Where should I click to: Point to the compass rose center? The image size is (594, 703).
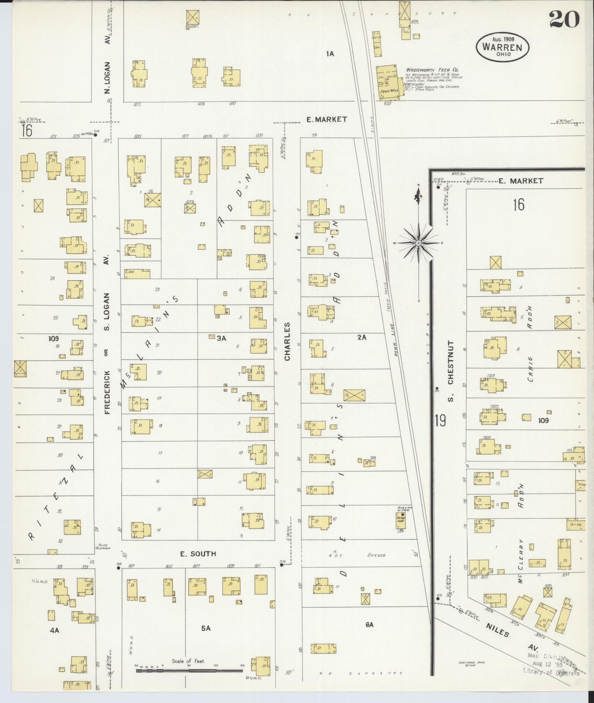[418, 243]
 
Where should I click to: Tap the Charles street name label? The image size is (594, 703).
[287, 341]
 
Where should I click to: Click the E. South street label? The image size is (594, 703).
[198, 554]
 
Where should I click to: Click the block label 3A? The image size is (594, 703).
[222, 338]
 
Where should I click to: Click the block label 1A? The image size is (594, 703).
[330, 53]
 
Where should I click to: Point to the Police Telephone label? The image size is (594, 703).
[103, 546]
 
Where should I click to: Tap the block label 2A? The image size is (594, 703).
[361, 337]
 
